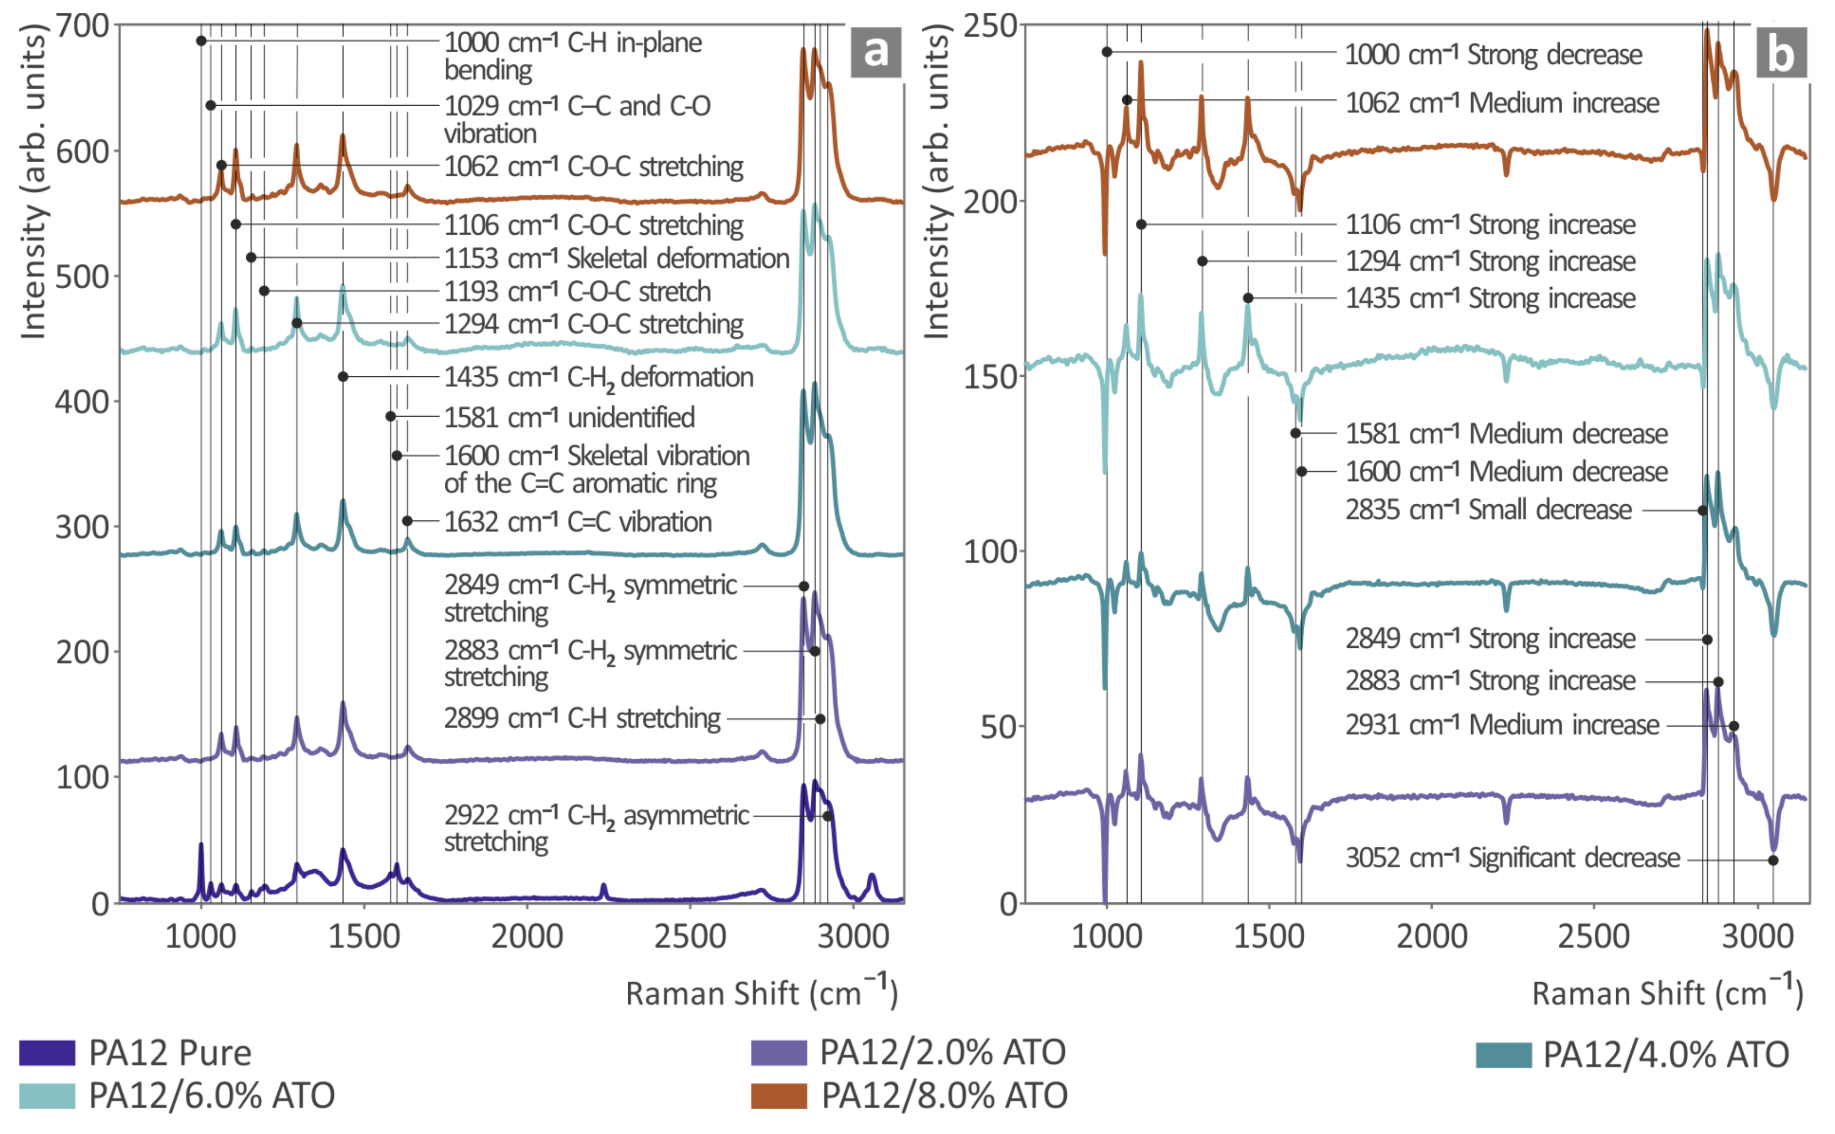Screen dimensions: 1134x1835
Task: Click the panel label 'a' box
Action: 875,52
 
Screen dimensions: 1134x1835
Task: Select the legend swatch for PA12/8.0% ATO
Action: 779,1096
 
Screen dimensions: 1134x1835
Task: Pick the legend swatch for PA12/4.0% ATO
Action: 1503,1055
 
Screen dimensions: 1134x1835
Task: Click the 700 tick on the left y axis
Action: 82,26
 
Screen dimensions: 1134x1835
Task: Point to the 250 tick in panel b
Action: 990,26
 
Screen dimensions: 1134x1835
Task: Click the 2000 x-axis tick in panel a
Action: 527,937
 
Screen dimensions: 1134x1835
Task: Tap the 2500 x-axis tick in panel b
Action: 1594,937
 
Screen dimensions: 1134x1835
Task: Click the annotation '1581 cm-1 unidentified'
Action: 569,417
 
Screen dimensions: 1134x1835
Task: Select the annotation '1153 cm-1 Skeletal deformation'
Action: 616,258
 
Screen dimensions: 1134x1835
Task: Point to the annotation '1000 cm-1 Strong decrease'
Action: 1492,55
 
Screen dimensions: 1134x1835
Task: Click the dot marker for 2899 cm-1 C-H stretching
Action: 820,718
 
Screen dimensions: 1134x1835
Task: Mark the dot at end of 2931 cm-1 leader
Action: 1733,726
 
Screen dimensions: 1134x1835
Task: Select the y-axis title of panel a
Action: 33,180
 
